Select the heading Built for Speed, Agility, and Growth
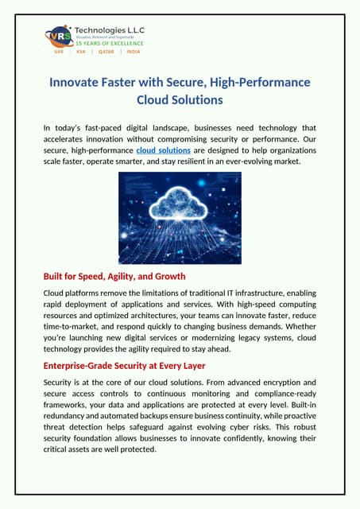(x=114, y=277)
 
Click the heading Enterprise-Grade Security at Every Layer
(x=124, y=366)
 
